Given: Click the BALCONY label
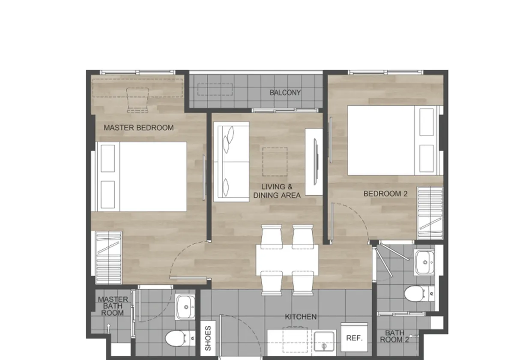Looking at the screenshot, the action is point(285,93).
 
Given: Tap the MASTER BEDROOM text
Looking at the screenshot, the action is point(139,128).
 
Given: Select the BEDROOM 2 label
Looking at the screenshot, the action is point(385,194).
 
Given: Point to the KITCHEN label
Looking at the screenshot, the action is point(301,317).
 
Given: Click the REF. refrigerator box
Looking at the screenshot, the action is point(354,337).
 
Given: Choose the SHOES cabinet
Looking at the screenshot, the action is point(208,338).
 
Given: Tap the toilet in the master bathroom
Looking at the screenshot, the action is point(180,339).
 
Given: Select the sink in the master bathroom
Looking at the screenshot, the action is point(185,307).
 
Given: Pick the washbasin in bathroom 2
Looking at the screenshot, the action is point(424,262).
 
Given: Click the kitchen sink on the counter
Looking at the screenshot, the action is point(324,341).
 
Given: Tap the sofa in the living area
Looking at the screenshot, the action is point(231,162).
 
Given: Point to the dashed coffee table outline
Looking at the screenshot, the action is point(275,162).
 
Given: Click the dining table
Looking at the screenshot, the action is point(287,260).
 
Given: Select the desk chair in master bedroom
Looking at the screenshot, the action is point(137,100).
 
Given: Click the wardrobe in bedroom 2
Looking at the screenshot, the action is point(430,213).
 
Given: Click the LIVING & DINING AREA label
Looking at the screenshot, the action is point(277,191).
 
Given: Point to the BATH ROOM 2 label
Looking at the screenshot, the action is point(394,336).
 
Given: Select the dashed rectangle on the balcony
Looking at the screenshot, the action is point(215,89).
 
